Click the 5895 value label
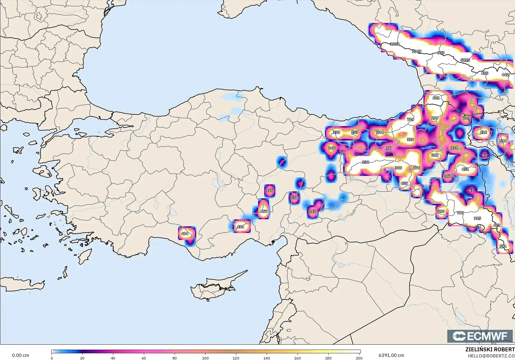pos(465,60)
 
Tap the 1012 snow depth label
pos(395,44)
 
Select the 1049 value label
pos(416,51)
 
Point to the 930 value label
pos(365,162)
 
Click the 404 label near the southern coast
pos(184,234)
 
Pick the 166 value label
pos(270,190)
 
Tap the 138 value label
pos(294,197)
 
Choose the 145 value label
pos(312,211)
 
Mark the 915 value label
pos(477,218)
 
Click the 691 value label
pos(503,246)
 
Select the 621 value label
pos(436,98)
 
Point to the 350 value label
pos(336,132)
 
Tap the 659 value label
pos(404,183)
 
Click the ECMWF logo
pos(480,336)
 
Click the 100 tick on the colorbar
pos(205,358)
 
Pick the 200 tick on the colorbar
pos(359,358)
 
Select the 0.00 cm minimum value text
pos(20,355)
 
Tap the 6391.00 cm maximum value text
pos(391,355)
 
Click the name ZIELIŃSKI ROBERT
pos(490,349)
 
